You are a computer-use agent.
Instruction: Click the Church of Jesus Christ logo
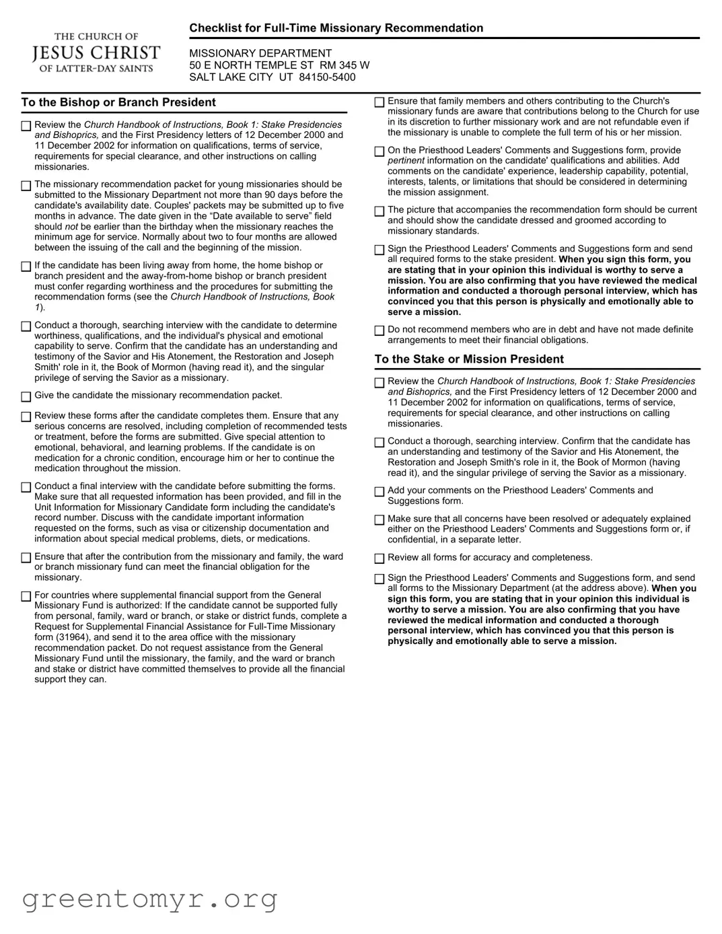point(96,52)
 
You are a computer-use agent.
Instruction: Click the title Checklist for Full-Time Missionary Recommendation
point(336,28)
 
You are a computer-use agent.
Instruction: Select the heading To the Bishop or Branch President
point(118,102)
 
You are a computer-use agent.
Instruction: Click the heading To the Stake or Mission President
point(469,359)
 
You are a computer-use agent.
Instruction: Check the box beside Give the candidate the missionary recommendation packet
point(26,396)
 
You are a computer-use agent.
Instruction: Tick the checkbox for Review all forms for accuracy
point(380,559)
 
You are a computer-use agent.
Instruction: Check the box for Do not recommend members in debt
point(380,330)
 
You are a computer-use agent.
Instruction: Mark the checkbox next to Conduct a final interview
point(26,487)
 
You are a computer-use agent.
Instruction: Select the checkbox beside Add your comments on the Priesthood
point(380,491)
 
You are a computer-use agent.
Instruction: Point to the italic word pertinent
point(406,161)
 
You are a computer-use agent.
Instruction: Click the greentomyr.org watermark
point(149,899)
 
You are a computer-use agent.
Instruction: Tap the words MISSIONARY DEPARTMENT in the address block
point(260,53)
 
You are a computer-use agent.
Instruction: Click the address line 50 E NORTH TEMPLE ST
point(252,65)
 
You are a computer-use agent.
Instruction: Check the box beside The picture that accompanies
point(380,211)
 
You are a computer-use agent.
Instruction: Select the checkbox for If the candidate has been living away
point(26,266)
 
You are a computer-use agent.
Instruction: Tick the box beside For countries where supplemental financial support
point(26,596)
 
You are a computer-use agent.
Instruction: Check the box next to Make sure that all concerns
point(380,519)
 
